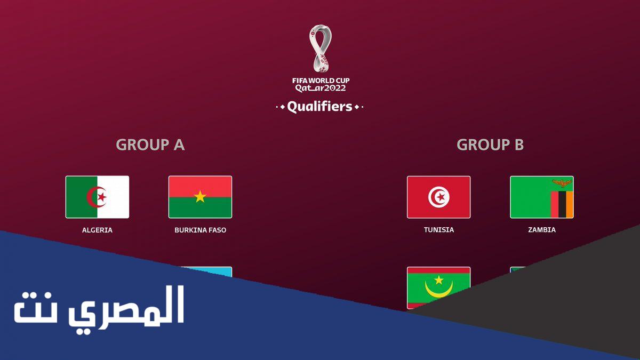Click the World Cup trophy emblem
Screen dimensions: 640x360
point(321,49)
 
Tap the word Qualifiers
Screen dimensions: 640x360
point(319,107)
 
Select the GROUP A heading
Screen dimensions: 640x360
point(150,145)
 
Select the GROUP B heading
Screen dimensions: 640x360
point(490,145)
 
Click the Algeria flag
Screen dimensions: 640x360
point(97,197)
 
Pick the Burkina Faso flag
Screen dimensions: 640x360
point(200,197)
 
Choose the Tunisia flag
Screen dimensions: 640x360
point(438,197)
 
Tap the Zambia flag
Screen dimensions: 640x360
point(542,197)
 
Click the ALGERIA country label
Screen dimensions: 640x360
point(97,230)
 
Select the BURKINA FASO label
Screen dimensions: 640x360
point(201,230)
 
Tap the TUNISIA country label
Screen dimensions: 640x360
point(439,230)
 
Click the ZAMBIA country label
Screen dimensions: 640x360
point(542,230)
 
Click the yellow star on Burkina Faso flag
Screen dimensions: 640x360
point(200,197)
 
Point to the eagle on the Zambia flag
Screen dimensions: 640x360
point(562,183)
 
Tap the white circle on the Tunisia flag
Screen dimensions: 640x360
point(438,197)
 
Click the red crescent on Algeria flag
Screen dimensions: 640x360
point(94,197)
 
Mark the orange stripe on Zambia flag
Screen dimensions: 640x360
point(570,205)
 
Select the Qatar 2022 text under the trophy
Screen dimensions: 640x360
point(321,89)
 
